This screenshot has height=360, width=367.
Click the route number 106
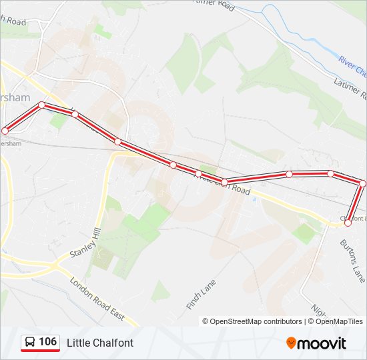(x=47, y=342)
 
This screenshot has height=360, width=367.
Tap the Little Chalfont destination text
(x=100, y=343)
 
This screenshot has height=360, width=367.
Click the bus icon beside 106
(x=31, y=343)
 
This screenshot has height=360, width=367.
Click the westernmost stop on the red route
(x=5, y=131)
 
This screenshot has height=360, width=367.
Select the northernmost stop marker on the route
(x=42, y=105)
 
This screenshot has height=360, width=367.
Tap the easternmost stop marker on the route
(x=363, y=183)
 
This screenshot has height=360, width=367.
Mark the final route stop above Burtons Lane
(x=348, y=223)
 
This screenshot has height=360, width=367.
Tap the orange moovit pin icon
(x=292, y=343)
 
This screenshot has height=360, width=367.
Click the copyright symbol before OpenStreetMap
(x=206, y=321)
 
